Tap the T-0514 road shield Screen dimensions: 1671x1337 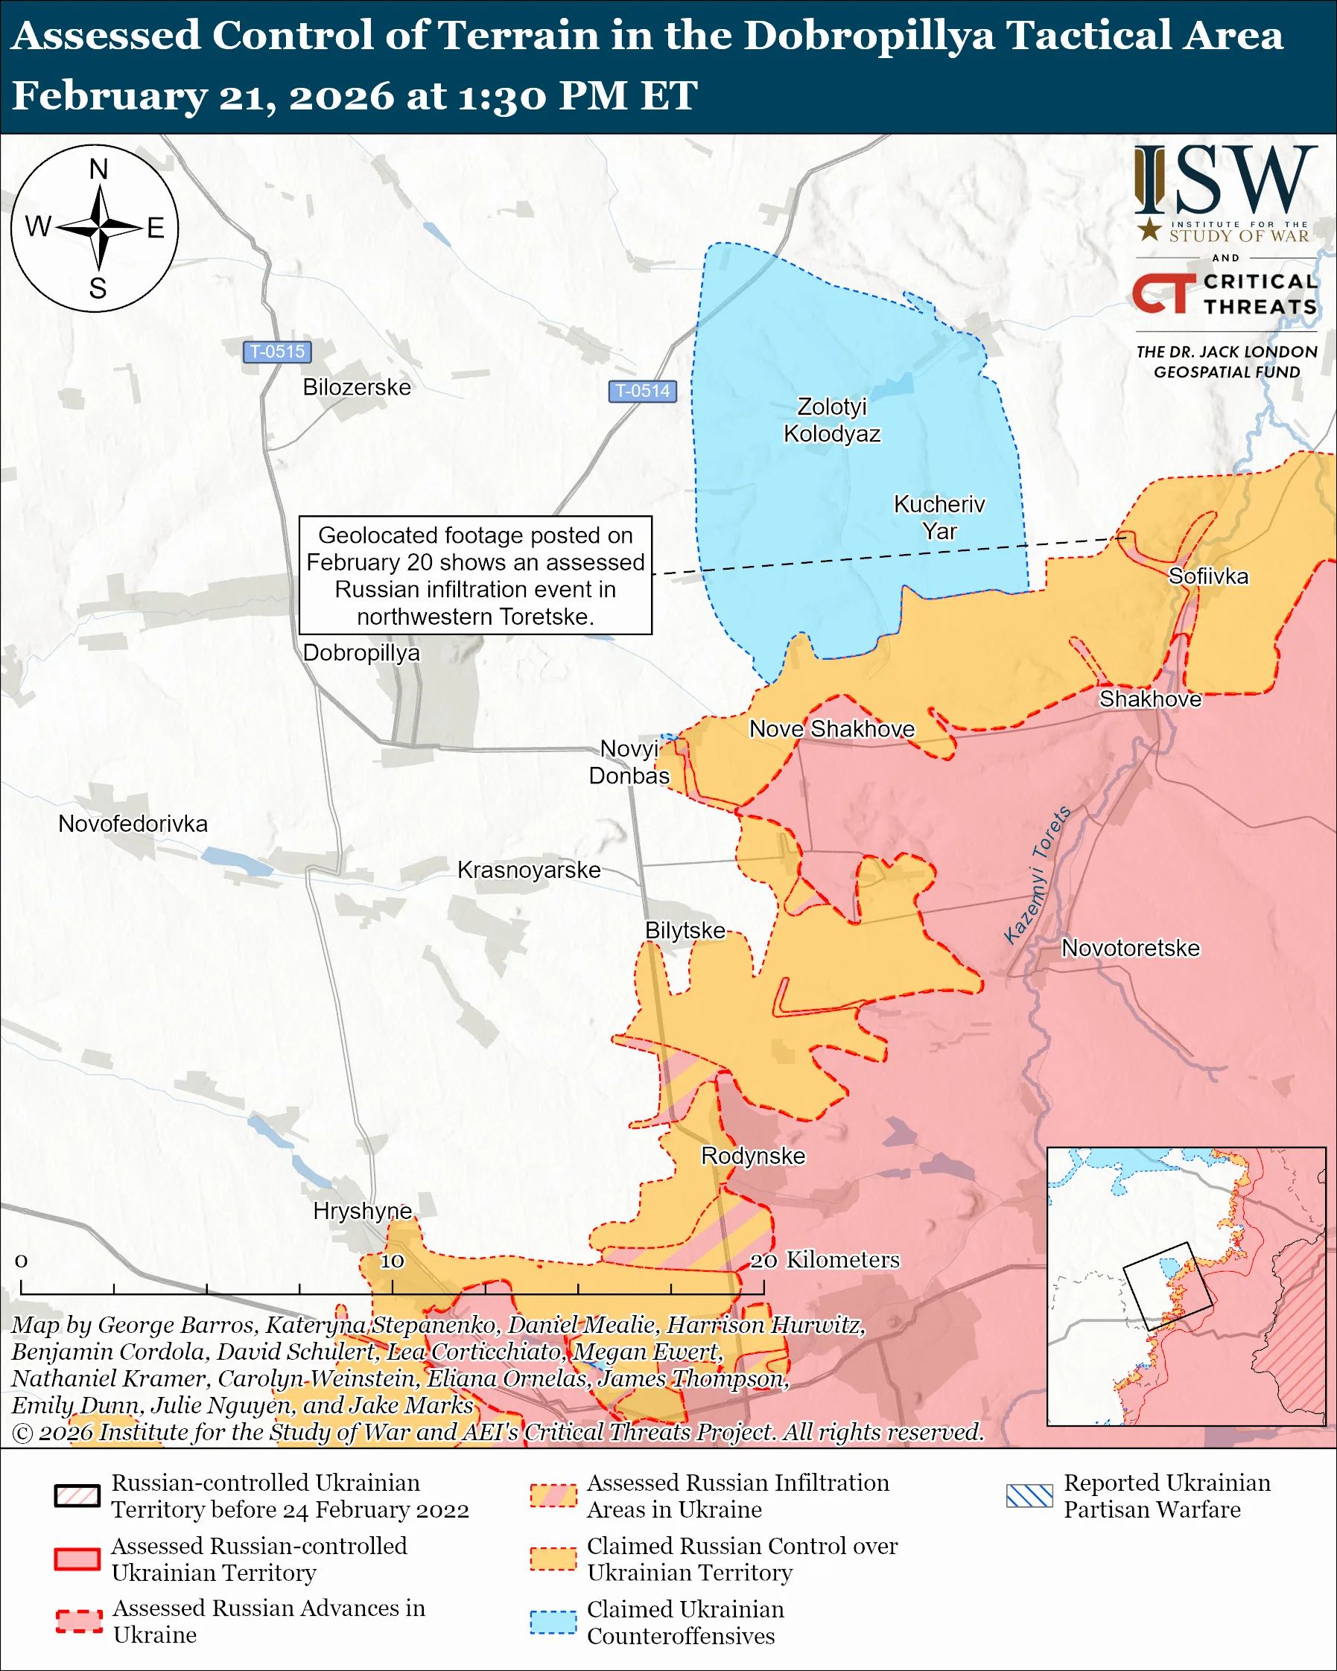tap(642, 391)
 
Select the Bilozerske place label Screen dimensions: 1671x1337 tap(357, 386)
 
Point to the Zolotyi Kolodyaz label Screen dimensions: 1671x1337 tap(832, 420)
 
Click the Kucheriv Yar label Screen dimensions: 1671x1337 tap(939, 517)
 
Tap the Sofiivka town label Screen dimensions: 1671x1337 tap(1208, 576)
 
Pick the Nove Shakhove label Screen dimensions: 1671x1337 tap(832, 728)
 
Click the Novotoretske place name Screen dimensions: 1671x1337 tap(1130, 948)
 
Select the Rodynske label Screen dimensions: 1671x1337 tap(752, 1156)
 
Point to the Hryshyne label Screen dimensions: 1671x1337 tap(362, 1211)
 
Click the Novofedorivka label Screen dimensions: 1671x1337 tap(133, 823)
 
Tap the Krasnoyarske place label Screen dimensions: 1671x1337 tap(529, 870)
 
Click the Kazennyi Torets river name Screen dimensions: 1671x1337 tap(1037, 874)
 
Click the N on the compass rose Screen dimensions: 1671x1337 tap(98, 169)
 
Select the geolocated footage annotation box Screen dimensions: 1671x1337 tap(475, 575)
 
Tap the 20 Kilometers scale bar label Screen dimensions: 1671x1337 tap(825, 1259)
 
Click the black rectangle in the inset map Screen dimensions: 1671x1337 tap(1167, 1287)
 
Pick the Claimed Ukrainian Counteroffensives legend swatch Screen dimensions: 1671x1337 tap(553, 1622)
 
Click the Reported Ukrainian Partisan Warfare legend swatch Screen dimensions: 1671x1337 tap(1029, 1496)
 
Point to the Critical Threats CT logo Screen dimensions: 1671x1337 tap(1163, 293)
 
